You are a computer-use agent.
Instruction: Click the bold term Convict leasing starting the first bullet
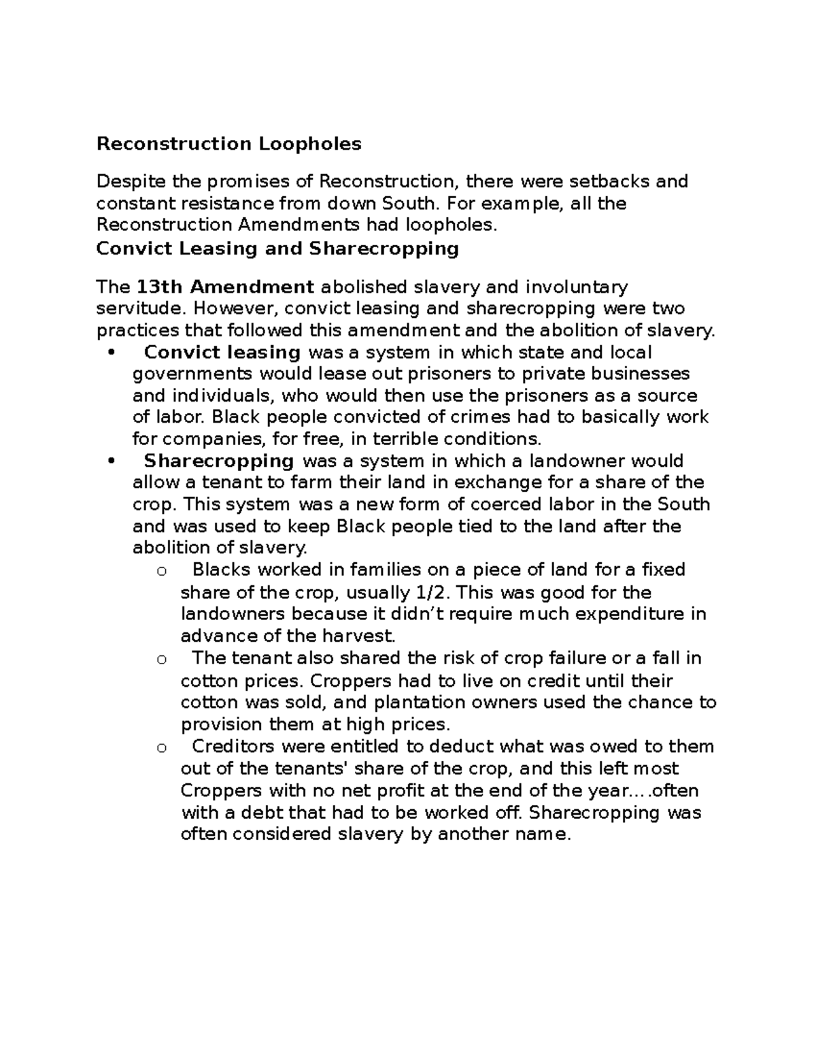click(x=222, y=352)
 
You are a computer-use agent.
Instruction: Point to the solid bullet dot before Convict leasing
click(x=112, y=353)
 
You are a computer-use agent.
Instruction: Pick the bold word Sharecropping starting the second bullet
click(x=219, y=461)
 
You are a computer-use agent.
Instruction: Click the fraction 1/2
click(x=439, y=592)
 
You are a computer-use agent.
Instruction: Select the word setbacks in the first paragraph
click(x=609, y=182)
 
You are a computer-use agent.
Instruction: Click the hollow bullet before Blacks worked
click(x=161, y=571)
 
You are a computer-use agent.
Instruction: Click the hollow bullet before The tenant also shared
click(x=161, y=659)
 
